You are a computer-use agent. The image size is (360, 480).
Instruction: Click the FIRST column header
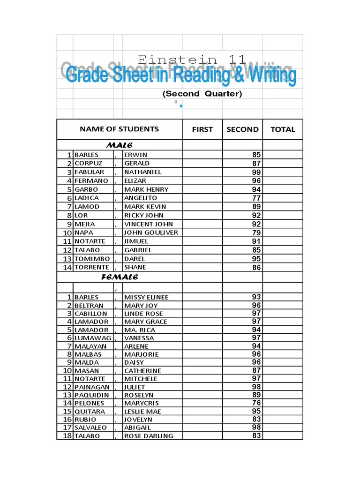(x=202, y=129)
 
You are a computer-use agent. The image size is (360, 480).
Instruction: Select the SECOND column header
(x=242, y=129)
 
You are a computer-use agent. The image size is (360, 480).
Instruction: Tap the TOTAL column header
(x=283, y=129)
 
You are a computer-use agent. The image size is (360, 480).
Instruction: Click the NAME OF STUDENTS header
(x=119, y=129)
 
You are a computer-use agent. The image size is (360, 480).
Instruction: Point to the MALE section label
(x=120, y=145)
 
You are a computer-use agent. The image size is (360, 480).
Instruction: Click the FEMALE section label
(x=120, y=277)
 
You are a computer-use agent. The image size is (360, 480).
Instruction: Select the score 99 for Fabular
(x=256, y=172)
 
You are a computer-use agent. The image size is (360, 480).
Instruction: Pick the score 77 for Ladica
(x=256, y=198)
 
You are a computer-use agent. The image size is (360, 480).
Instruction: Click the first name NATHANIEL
(x=142, y=172)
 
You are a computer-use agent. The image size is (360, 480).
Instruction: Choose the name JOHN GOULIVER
(x=151, y=232)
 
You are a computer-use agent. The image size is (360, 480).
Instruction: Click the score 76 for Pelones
(x=256, y=403)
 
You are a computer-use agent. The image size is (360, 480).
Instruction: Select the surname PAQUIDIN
(x=92, y=395)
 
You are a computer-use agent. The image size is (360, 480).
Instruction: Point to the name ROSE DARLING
(x=149, y=436)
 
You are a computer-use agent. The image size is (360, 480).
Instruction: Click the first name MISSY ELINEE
(x=146, y=297)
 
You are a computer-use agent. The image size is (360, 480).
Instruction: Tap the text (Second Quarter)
(x=202, y=94)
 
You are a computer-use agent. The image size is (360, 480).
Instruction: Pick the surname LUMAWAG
(x=93, y=338)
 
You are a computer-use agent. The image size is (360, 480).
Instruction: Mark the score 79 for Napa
(x=256, y=232)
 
